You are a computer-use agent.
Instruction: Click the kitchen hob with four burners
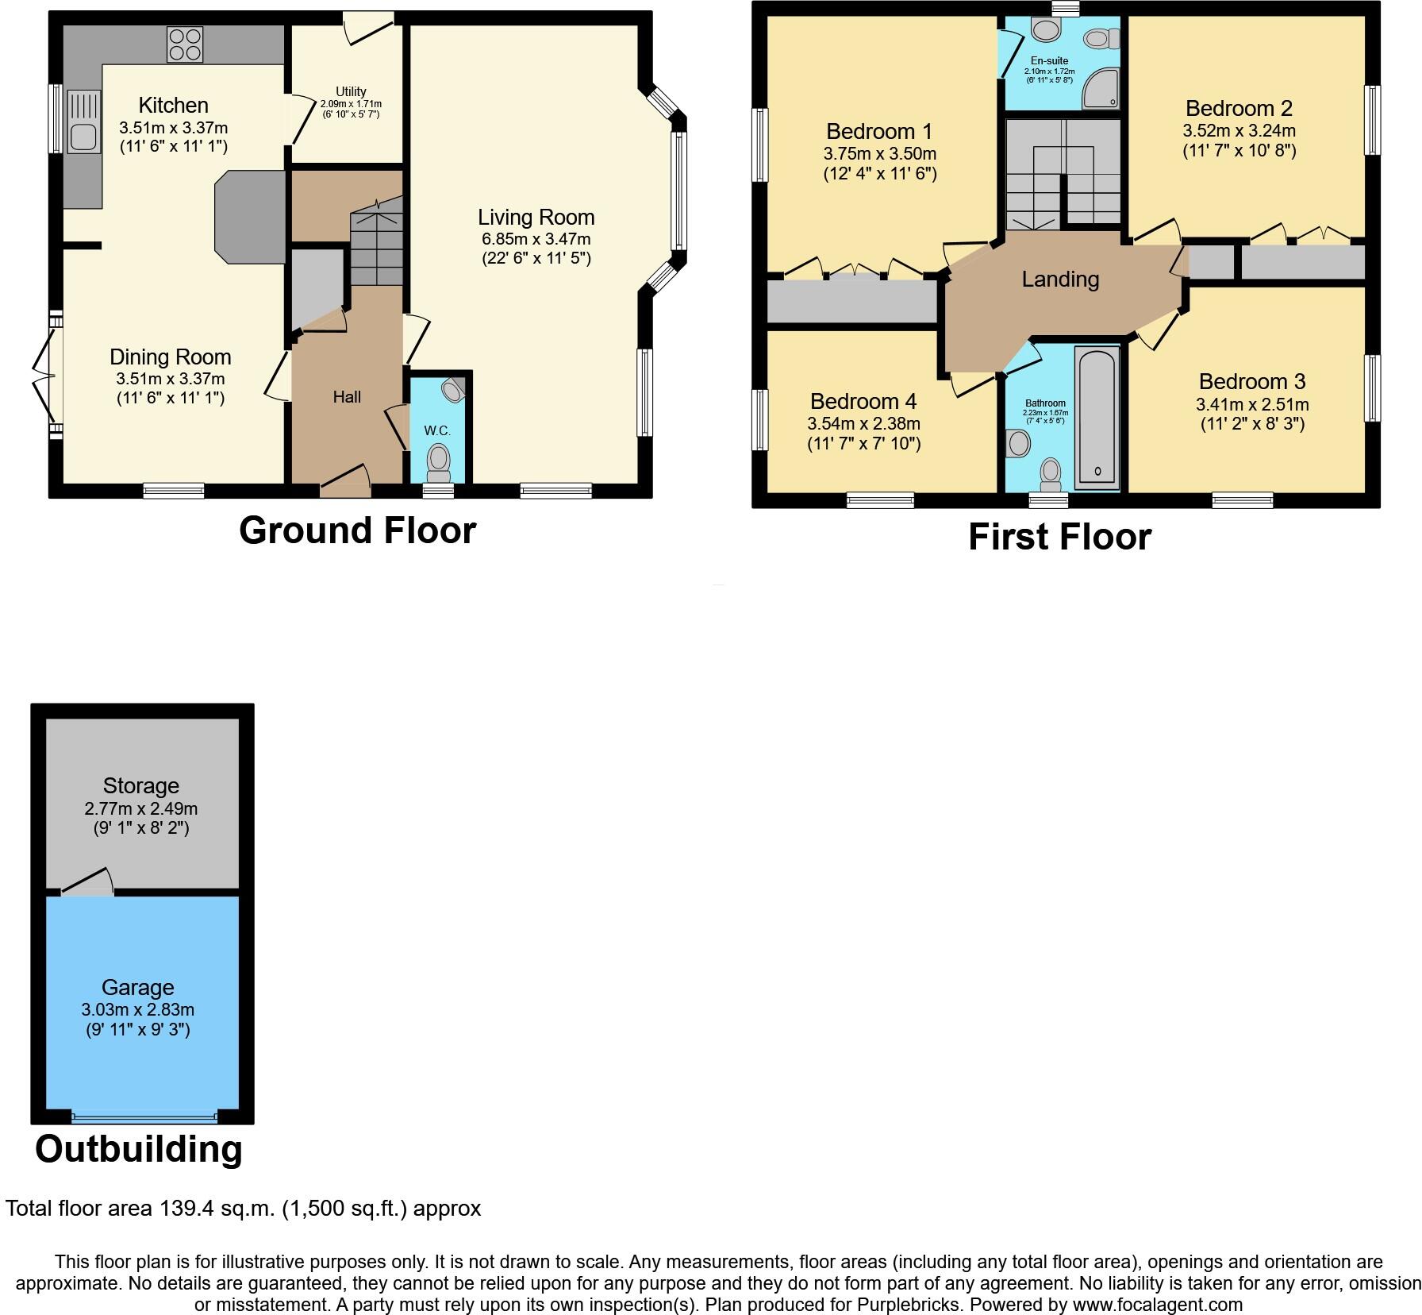(184, 44)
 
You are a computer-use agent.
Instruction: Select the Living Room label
(536, 218)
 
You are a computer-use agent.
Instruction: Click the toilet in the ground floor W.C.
(437, 461)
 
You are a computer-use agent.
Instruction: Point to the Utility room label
(351, 91)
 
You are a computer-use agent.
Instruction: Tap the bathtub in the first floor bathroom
(1097, 418)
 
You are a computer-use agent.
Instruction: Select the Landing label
(1060, 280)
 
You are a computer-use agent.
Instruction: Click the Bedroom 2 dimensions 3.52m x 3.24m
(1239, 131)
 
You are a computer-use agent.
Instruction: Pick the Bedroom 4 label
(863, 401)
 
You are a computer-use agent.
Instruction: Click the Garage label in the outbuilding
(137, 988)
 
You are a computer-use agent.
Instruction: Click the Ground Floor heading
(357, 530)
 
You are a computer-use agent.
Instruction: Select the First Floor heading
(1059, 538)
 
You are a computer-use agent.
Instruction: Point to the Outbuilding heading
(138, 1149)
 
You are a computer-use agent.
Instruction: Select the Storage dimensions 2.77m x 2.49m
(140, 809)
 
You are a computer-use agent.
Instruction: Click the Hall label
(347, 397)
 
